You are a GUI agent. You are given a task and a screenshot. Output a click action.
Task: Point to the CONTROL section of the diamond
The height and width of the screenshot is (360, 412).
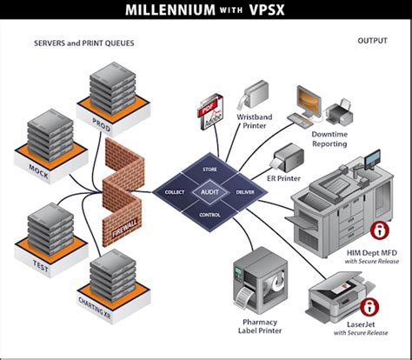click(x=208, y=214)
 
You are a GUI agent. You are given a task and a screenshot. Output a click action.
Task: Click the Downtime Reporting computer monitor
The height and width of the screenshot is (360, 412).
click(x=310, y=102)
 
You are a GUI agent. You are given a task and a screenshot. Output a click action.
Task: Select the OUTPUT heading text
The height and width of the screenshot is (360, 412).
click(x=371, y=41)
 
